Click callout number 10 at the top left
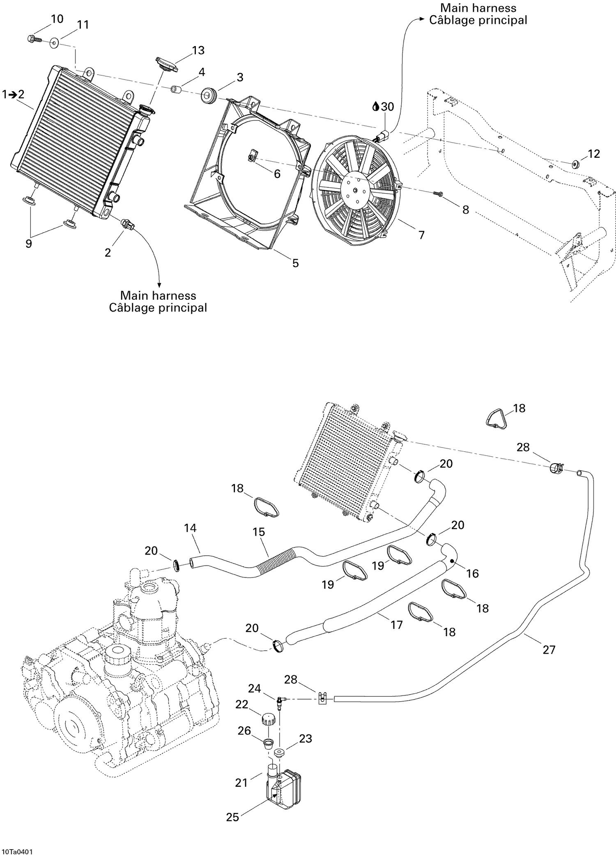[x=57, y=19]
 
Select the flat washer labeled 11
[x=54, y=43]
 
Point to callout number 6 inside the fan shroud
[x=277, y=174]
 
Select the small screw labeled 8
[x=438, y=193]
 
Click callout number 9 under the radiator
[x=28, y=243]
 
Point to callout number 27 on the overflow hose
[x=549, y=649]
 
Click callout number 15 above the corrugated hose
[x=259, y=532]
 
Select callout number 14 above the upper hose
[x=190, y=528]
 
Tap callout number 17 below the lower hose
[x=397, y=625]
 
